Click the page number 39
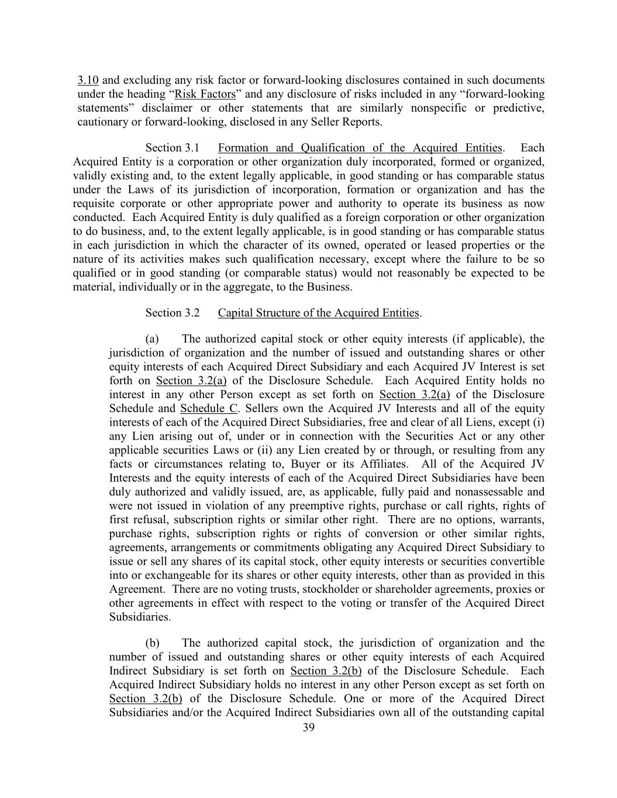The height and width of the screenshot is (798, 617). coord(309,727)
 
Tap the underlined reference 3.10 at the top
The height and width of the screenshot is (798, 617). coord(88,80)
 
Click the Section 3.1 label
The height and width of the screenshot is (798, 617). coord(173,148)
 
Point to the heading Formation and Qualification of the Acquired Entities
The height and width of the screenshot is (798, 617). coord(360,148)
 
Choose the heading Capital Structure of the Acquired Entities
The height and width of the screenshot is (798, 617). coord(319,313)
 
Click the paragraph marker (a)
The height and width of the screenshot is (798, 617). coord(152,339)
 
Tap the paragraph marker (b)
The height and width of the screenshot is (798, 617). coord(152,643)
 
